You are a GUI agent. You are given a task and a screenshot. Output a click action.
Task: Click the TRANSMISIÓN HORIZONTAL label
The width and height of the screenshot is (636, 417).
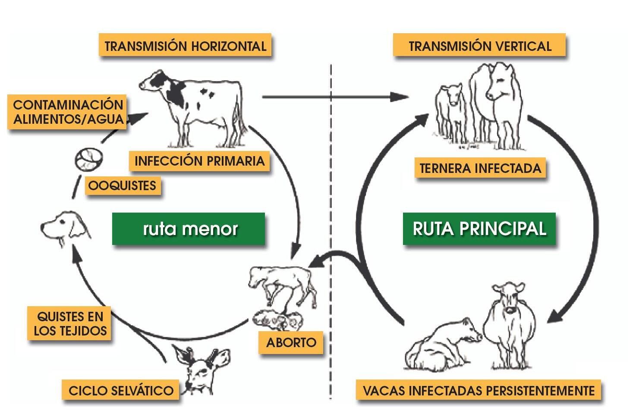(185, 46)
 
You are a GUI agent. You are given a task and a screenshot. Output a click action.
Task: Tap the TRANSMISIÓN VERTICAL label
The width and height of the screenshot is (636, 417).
(479, 46)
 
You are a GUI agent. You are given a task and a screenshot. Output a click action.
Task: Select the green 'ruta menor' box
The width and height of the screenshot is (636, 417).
(189, 229)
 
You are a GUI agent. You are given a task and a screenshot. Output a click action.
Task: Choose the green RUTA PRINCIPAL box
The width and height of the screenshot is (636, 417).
(479, 229)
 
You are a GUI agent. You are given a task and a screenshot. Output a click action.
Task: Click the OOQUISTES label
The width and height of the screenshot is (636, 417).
(122, 186)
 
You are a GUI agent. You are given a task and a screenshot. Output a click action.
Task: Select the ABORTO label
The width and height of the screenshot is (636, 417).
(291, 342)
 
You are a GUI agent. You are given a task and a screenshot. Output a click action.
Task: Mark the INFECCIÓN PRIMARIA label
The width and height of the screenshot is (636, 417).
(199, 161)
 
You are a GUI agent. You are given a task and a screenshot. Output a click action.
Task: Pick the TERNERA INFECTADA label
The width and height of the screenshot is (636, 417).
(480, 168)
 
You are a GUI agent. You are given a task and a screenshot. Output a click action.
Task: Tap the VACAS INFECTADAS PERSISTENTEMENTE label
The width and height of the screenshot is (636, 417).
(479, 391)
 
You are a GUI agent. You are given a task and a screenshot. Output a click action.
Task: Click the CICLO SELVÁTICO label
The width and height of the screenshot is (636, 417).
(121, 391)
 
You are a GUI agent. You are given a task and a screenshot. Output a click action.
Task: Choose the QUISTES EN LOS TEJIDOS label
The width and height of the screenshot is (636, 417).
(70, 323)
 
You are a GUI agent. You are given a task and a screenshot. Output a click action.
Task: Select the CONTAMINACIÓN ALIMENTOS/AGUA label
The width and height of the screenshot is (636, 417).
(68, 112)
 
